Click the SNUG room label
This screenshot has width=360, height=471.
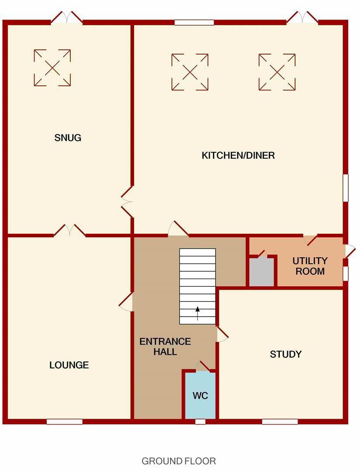68,138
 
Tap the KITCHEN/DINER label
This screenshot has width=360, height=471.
238,155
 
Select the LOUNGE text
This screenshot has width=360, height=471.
69,365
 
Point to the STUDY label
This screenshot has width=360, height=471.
286,354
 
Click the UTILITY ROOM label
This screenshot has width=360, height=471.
310,266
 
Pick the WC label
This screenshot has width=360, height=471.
200,396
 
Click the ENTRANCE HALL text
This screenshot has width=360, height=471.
165,346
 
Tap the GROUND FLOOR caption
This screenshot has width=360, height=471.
178,461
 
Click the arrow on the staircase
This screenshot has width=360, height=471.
198,313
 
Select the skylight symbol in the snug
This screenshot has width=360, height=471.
52,68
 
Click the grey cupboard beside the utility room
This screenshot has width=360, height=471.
261,272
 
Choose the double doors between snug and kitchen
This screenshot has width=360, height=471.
127,201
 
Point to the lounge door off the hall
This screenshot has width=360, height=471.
126,301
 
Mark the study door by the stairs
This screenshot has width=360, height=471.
222,334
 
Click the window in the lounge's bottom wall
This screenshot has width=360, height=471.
65,422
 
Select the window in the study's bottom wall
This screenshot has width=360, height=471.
280,422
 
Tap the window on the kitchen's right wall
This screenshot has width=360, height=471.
346,188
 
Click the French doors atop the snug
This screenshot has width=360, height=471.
66,17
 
